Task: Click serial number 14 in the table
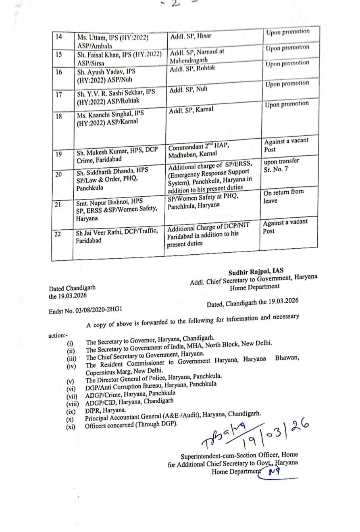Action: point(59,36)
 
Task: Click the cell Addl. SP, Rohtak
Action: point(192,68)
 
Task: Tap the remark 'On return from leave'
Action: point(283,196)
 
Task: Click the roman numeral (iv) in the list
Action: point(71,366)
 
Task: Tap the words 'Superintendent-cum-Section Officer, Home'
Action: point(239,456)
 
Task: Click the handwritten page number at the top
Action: point(175,4)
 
